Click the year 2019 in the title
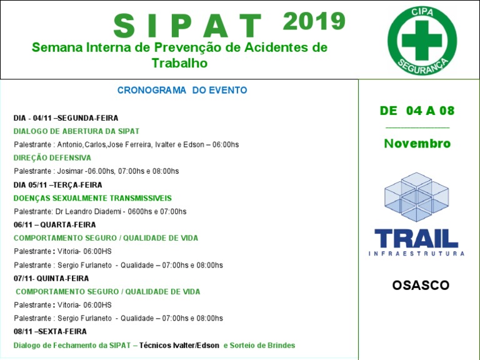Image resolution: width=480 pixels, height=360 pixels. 314,22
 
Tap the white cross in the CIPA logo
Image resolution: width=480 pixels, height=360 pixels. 422,39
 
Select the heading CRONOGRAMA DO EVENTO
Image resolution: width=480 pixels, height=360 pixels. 182,91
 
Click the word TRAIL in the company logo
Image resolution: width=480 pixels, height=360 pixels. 416,238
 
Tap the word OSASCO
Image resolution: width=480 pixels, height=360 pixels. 421,286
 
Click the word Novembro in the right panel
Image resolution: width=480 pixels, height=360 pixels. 417,144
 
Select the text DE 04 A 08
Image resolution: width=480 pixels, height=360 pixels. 417,111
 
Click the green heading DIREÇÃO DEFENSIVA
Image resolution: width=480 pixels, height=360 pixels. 52,158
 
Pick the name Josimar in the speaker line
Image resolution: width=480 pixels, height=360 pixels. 70,171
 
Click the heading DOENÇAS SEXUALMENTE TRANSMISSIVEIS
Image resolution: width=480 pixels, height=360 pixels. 92,198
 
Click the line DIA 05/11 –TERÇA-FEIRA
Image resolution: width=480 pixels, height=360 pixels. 58,185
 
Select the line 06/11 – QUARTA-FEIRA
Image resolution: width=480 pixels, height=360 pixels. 55,225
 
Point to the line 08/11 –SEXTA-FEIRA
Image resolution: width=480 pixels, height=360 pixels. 50,331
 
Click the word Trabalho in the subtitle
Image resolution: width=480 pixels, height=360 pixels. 179,63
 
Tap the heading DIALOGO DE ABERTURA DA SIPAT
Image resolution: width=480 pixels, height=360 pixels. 76,131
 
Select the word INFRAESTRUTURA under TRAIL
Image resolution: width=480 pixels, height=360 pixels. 416,254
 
